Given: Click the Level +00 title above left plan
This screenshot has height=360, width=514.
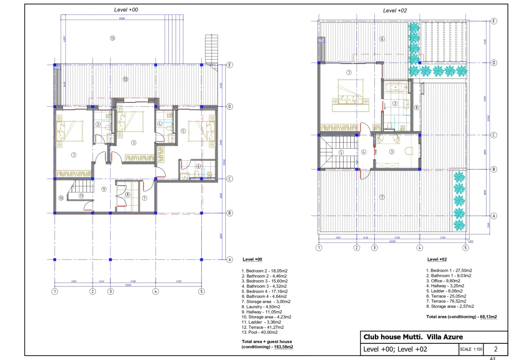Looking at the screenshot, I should [x=126, y=9].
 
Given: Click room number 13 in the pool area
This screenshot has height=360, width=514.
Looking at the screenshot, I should [x=113, y=38].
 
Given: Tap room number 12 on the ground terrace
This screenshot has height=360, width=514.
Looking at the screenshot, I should [x=126, y=79].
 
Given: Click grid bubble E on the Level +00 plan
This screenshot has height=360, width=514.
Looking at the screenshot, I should [x=230, y=65].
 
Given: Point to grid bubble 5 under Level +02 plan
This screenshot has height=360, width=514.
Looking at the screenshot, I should [x=466, y=247].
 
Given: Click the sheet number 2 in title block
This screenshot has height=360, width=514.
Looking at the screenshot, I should [x=496, y=349].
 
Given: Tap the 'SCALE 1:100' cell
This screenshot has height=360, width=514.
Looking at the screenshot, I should [x=471, y=349].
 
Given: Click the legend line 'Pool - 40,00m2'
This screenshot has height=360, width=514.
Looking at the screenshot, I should [x=260, y=332].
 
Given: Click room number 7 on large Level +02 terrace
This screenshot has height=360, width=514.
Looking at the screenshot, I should [x=382, y=197].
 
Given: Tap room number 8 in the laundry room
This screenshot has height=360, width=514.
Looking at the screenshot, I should [x=128, y=194].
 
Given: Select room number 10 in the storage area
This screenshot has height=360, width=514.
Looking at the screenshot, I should [x=61, y=198].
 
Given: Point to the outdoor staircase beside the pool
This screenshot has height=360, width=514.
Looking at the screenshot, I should [x=212, y=49].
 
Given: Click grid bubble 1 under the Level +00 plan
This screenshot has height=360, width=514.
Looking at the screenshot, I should [x=55, y=291].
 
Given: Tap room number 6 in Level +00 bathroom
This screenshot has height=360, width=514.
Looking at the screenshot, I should [x=198, y=166].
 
